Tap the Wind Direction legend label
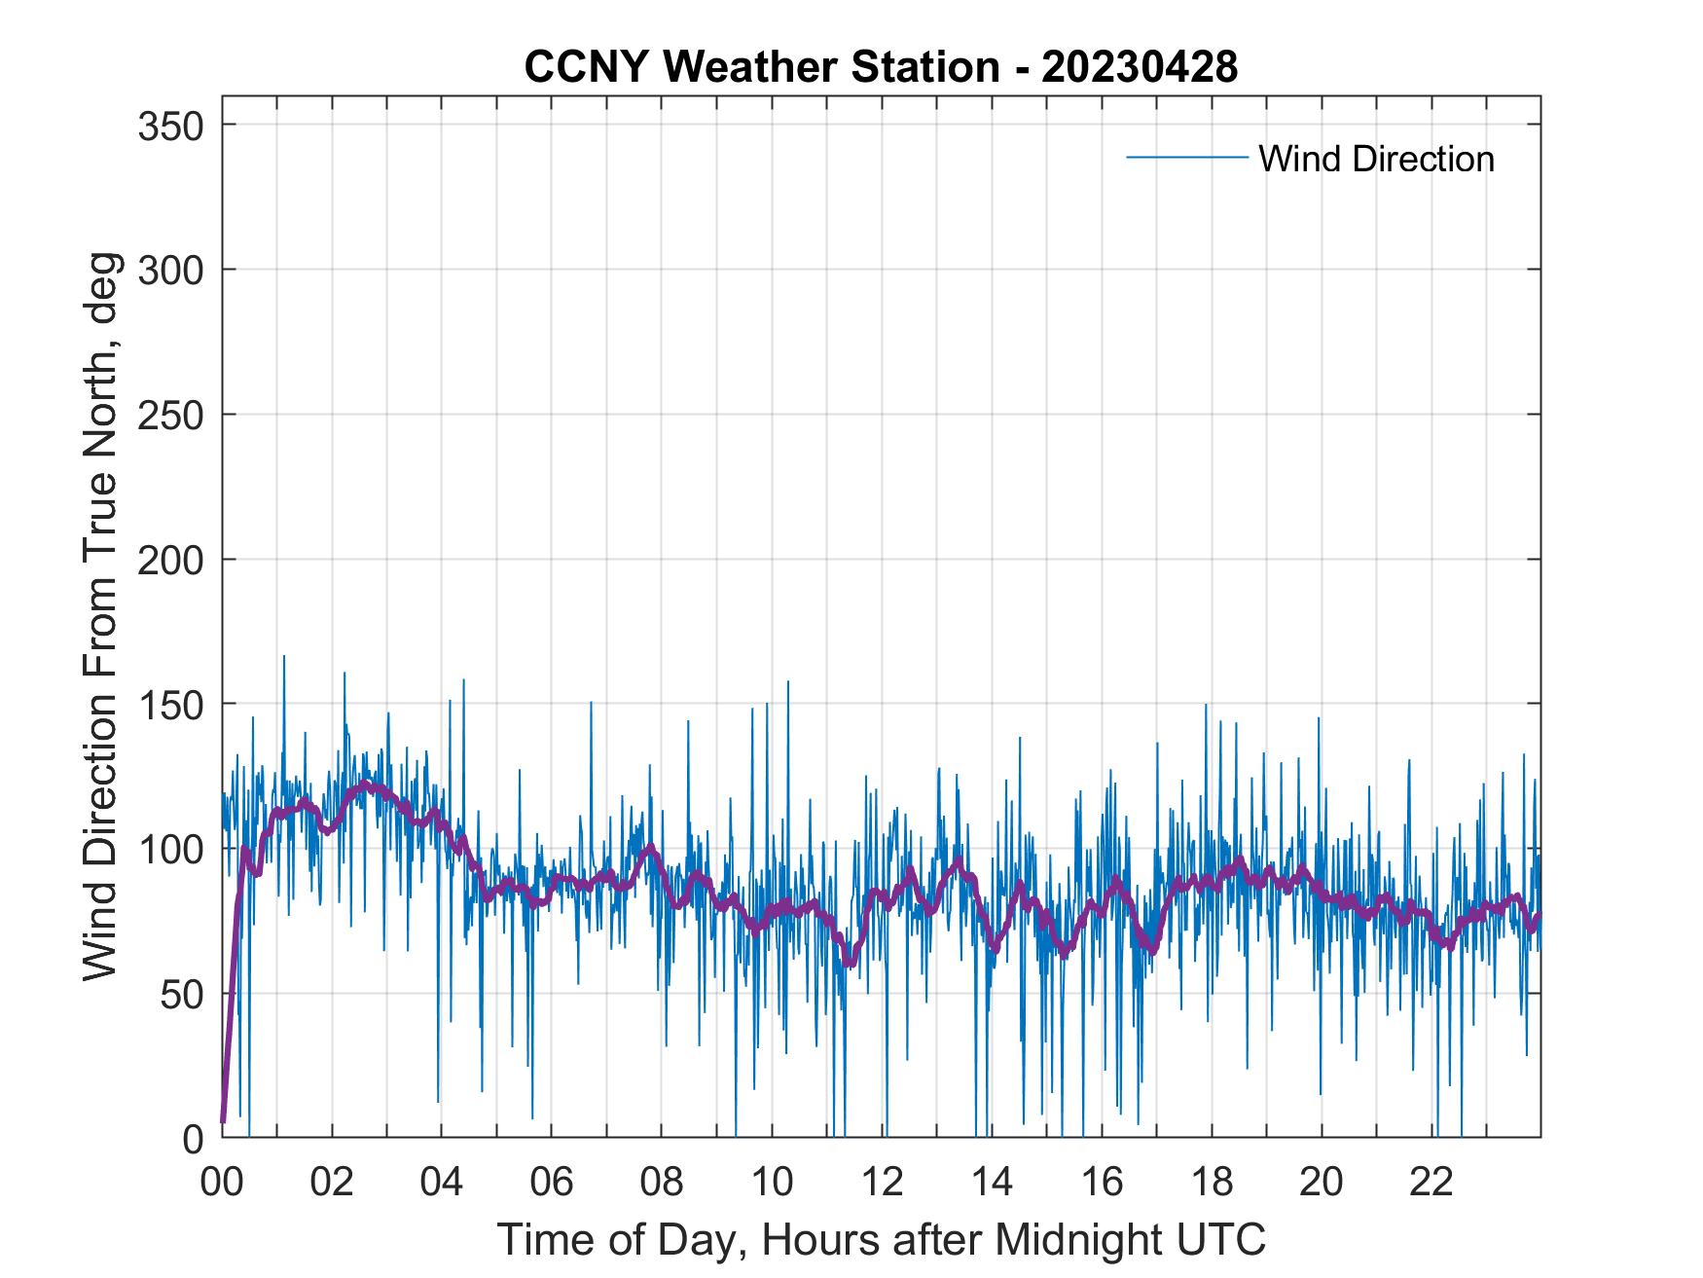(1376, 159)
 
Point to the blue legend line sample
(1186, 158)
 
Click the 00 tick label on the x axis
(222, 1183)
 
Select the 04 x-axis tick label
(442, 1183)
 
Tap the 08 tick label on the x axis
(662, 1183)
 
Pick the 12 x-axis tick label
(882, 1183)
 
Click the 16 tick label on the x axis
(1102, 1183)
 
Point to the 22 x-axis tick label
(1431, 1183)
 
